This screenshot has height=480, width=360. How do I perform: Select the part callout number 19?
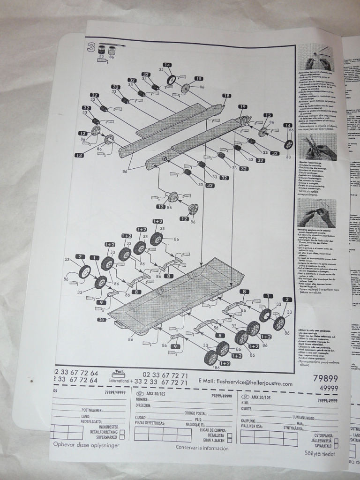point(242,107)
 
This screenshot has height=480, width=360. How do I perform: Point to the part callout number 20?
point(101,320)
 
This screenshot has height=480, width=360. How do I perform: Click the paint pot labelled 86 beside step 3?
point(112,50)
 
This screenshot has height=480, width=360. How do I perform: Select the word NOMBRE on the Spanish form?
point(145,400)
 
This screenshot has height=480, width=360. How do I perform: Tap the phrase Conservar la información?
point(202,448)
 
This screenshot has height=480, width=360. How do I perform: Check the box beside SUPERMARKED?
point(122,437)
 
